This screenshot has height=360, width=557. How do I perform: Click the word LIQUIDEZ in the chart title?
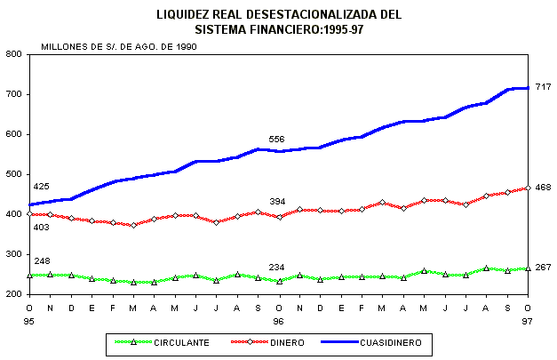[184, 14]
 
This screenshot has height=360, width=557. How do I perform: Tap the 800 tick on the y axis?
[13, 54]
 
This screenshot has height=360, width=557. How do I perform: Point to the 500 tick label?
[13, 174]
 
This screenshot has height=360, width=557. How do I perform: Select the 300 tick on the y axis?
[13, 254]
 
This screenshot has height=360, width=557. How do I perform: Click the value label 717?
[544, 86]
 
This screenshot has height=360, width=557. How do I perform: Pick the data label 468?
[544, 188]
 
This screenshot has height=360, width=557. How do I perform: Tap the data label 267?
[544, 267]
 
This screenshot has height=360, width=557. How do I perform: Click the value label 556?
[277, 140]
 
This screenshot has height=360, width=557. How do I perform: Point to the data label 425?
[41, 187]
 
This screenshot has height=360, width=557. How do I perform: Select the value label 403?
[41, 228]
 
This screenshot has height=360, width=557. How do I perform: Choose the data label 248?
[41, 260]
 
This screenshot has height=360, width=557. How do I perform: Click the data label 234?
[277, 268]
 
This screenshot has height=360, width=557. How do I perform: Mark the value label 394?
[277, 202]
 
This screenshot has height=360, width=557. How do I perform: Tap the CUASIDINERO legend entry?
[397, 341]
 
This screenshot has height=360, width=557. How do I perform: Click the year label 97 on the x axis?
[528, 320]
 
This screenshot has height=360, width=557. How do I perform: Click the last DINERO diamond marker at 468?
[528, 188]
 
